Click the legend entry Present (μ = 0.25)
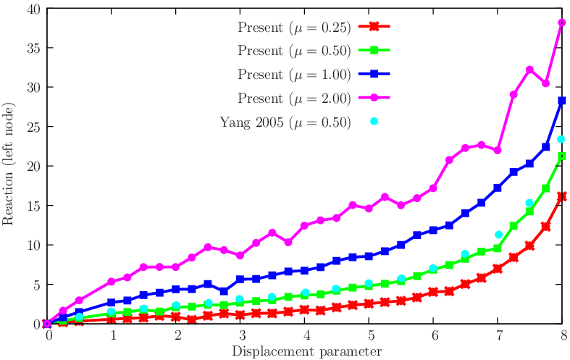[x=294, y=28]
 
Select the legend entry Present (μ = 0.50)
[x=294, y=51]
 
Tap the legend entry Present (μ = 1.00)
[x=294, y=74]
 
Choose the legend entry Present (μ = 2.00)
[x=294, y=98]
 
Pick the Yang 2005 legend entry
[x=285, y=121]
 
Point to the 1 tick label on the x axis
[x=112, y=337]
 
